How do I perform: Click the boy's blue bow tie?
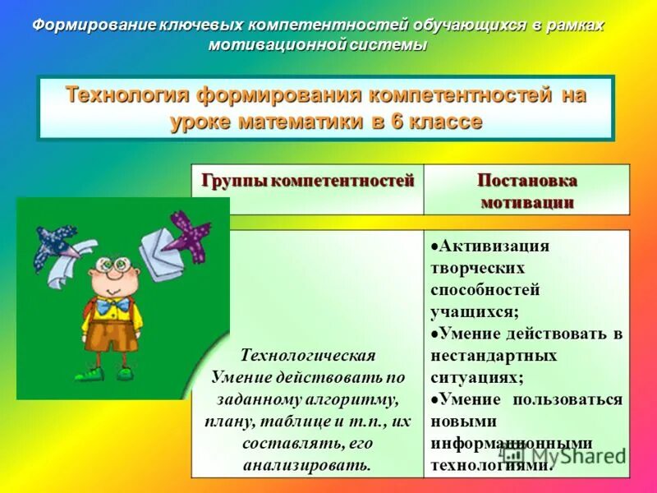pos(113,305)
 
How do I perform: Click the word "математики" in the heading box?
pos(306,122)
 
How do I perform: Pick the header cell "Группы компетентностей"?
pos(308,181)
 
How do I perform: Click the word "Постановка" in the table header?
pos(526,181)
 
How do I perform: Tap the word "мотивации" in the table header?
pos(526,202)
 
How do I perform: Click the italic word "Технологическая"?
pos(308,356)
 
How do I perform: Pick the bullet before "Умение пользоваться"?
pos(434,399)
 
